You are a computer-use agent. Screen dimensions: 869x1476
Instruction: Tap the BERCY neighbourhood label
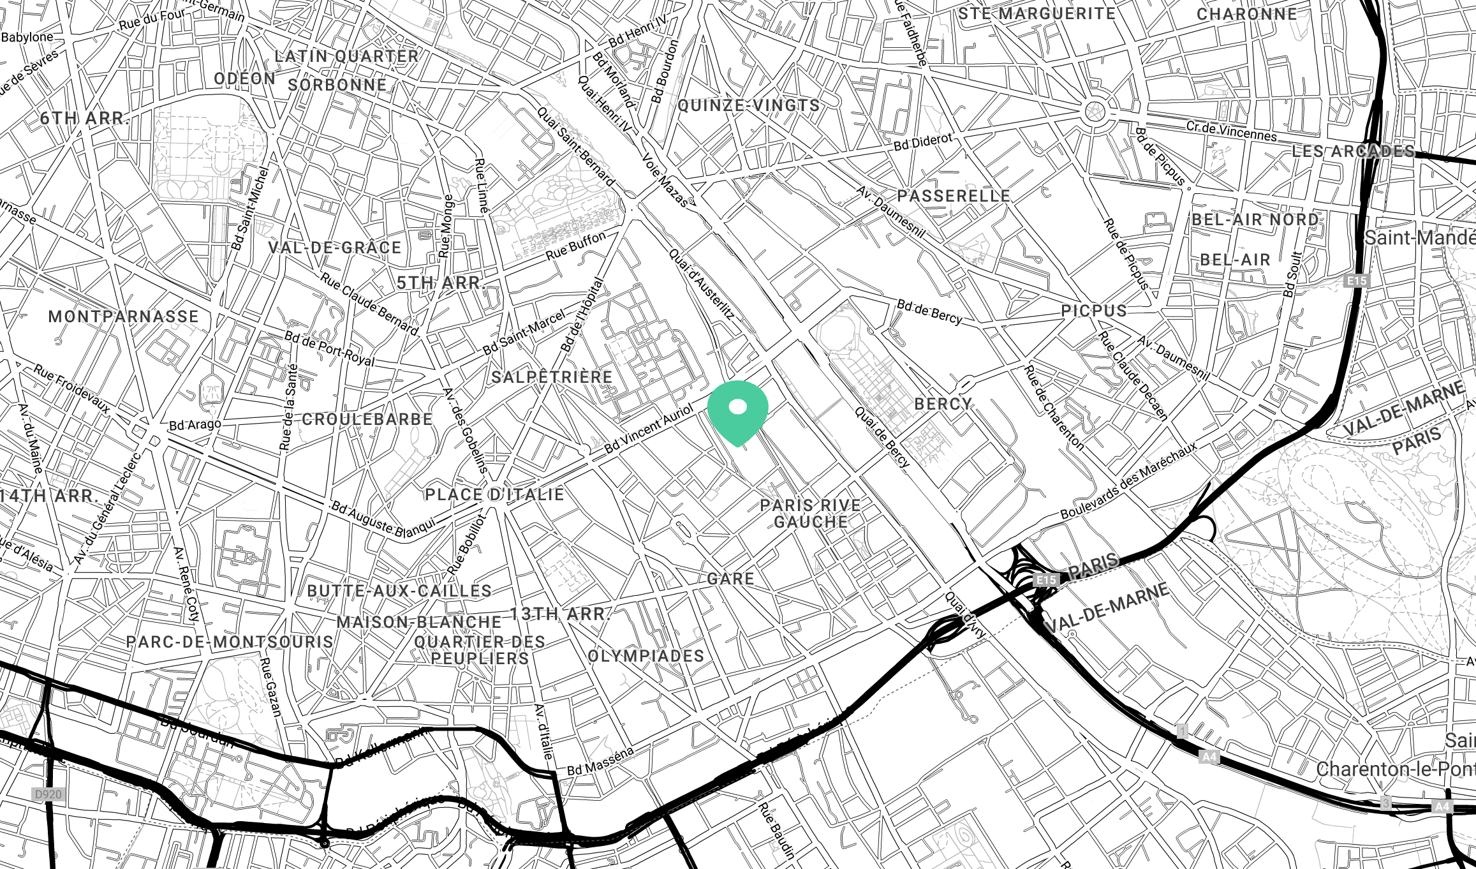point(943,404)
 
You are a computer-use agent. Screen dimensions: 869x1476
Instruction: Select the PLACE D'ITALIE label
point(494,494)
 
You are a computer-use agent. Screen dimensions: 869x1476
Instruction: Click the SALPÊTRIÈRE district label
point(552,377)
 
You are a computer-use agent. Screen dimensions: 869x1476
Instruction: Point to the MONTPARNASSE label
point(124,316)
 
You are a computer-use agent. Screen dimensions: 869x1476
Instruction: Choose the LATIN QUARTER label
point(346,56)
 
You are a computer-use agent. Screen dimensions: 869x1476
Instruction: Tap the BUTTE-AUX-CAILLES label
point(399,591)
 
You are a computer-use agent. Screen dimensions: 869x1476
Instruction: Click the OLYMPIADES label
point(646,656)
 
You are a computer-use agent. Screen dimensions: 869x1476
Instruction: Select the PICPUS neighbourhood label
point(1093,311)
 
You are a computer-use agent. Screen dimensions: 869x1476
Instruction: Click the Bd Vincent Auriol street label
point(648,429)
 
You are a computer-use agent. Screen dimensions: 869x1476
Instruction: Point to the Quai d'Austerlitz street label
point(702,284)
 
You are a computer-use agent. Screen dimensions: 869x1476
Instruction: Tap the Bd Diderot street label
point(922,142)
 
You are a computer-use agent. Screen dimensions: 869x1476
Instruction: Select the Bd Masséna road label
point(600,761)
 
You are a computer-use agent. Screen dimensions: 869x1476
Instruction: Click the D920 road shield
point(48,794)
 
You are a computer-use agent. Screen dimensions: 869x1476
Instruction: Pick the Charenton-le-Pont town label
point(1396,769)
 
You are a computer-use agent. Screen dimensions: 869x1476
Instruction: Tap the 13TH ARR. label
point(560,614)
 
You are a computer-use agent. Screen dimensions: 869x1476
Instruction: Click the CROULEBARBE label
point(367,419)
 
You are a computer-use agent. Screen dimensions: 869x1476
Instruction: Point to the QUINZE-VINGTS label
point(748,105)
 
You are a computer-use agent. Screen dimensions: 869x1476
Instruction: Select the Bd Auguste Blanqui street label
point(383,519)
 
